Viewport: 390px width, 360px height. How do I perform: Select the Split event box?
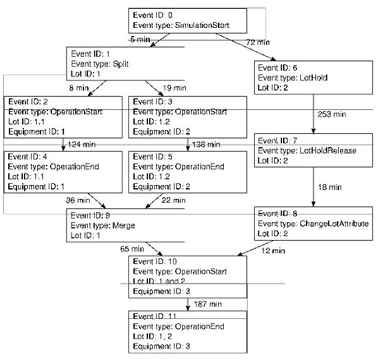[123, 62]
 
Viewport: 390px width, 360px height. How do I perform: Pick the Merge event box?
[123, 223]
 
